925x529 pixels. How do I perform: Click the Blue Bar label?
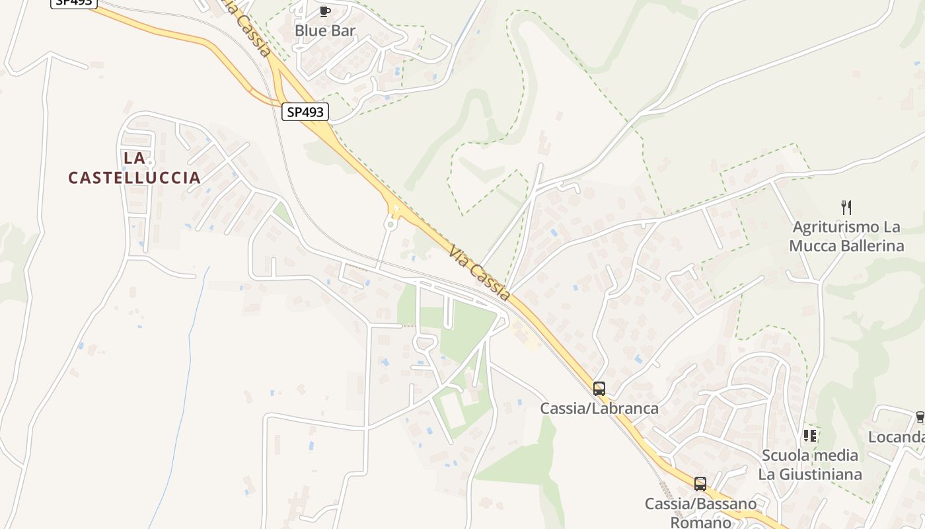(x=325, y=30)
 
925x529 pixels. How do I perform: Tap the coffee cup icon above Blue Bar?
(x=324, y=11)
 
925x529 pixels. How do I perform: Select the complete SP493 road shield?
(x=305, y=112)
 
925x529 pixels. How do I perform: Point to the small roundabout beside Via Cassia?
(x=390, y=224)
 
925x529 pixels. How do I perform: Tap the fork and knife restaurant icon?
(x=846, y=207)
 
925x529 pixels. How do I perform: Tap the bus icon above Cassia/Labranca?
(x=599, y=389)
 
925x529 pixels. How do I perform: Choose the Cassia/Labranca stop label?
(x=599, y=409)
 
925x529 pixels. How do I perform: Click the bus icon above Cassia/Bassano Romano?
(x=700, y=484)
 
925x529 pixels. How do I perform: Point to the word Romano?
(x=700, y=522)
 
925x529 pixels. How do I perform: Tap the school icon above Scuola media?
(x=810, y=436)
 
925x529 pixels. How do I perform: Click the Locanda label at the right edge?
(x=896, y=437)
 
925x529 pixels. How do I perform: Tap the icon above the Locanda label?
(x=920, y=417)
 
